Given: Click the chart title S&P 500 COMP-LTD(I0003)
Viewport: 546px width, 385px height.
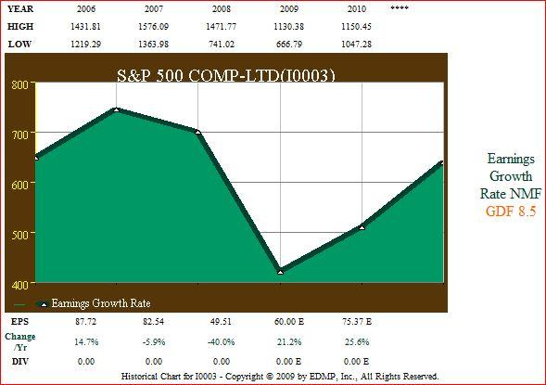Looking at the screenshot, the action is (x=225, y=75).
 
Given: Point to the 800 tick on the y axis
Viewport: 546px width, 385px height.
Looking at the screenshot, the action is (x=19, y=84).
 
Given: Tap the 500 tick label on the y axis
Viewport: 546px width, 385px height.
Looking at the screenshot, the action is (x=19, y=235).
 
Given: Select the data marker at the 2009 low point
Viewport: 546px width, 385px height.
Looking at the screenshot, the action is (x=281, y=272).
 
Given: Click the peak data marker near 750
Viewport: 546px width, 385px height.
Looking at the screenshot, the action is (x=116, y=109).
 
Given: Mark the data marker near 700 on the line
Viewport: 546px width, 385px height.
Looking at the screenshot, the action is (x=197, y=132).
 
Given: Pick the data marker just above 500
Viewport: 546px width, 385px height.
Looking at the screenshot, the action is (x=362, y=227).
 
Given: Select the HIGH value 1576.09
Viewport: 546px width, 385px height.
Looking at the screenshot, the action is (x=154, y=27).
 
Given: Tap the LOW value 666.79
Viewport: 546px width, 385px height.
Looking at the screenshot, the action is (x=289, y=45).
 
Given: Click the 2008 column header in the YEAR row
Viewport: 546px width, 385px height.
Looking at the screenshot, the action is (x=222, y=8).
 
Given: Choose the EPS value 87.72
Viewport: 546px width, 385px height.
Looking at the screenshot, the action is (x=85, y=321).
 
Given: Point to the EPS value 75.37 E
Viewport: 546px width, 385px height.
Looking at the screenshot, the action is (x=357, y=321).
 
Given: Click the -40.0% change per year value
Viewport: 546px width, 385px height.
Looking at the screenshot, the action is (x=222, y=341).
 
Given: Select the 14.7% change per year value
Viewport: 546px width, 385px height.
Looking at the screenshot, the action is (x=86, y=341).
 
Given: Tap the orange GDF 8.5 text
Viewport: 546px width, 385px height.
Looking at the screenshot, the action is (x=511, y=211).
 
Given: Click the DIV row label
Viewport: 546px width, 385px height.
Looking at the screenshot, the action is (x=19, y=362).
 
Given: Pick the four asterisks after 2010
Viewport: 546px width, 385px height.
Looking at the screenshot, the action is (x=400, y=7).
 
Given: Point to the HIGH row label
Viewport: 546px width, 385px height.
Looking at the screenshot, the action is (x=20, y=27).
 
